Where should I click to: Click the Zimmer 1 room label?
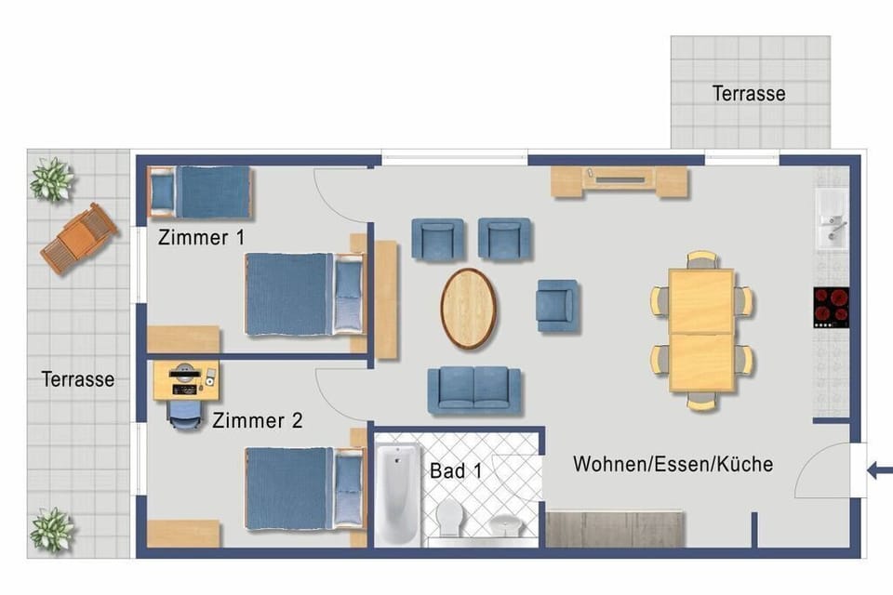click(201, 237)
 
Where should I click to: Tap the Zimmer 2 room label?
click(257, 421)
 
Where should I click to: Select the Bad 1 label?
click(456, 470)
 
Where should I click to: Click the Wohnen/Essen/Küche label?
click(673, 464)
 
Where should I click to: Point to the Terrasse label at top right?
click(749, 94)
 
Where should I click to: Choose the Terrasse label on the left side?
click(78, 379)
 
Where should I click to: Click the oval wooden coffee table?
click(467, 308)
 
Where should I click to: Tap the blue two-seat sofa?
click(474, 389)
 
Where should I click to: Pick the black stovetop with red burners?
click(831, 307)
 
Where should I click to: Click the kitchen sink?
click(831, 219)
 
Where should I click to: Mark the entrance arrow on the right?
click(878, 470)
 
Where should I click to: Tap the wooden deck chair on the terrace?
click(79, 238)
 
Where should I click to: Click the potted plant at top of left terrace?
click(51, 178)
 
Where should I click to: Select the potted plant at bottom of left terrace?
click(51, 530)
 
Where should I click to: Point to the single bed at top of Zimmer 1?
click(200, 192)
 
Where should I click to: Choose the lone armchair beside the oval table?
click(556, 306)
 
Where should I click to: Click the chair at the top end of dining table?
click(701, 259)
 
